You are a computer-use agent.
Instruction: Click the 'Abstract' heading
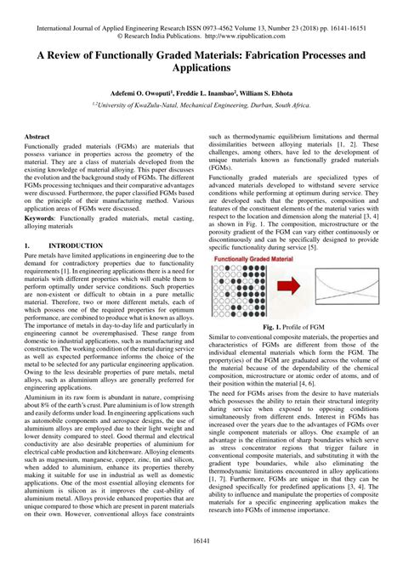[37, 137]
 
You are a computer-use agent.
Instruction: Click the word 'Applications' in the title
[201, 65]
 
